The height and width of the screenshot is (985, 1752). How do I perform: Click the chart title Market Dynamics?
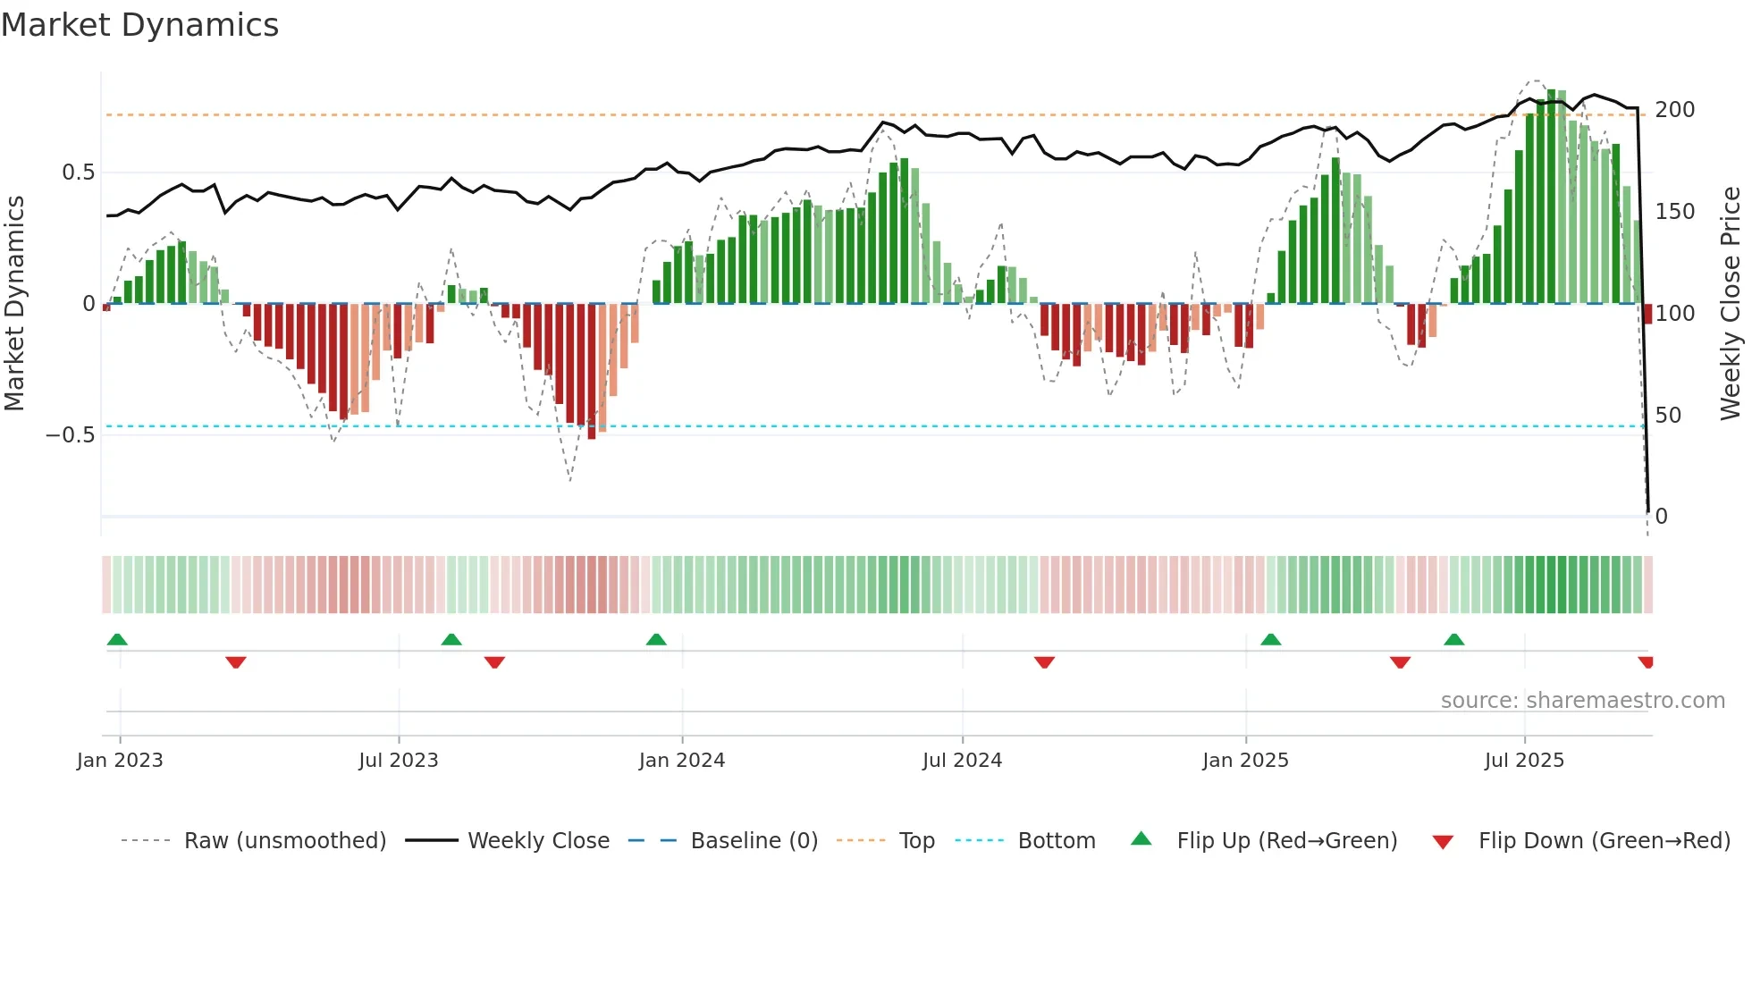click(140, 25)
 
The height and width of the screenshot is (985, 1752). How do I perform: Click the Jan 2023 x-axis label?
click(120, 761)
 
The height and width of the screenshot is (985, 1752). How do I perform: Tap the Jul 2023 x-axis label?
click(399, 761)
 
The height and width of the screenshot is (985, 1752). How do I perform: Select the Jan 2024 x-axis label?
click(682, 761)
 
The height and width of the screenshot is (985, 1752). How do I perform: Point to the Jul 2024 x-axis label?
click(963, 761)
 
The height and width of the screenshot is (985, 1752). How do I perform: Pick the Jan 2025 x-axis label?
click(1246, 761)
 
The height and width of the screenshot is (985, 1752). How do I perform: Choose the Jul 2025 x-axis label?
click(1525, 761)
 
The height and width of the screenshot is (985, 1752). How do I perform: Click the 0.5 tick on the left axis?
click(78, 173)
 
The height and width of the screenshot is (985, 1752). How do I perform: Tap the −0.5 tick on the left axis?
click(71, 435)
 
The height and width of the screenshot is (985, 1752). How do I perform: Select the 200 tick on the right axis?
click(1674, 110)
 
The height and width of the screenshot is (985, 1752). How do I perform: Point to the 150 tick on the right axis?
click(1674, 212)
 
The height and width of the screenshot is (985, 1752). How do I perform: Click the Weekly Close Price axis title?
click(1731, 304)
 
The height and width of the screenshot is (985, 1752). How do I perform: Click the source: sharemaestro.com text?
click(1582, 701)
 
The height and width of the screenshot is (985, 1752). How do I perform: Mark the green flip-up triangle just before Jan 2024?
click(656, 639)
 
